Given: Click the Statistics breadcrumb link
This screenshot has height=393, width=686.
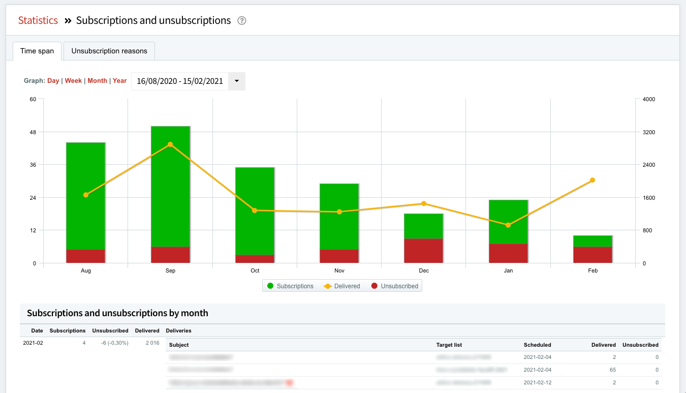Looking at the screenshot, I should (x=38, y=20).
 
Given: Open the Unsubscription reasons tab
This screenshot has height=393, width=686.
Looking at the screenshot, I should (x=109, y=51).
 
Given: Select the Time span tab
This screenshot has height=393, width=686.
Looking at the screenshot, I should (x=37, y=51).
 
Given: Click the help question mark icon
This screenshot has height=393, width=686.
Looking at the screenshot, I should (x=242, y=21).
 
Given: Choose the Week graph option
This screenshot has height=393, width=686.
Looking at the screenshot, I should (x=73, y=81).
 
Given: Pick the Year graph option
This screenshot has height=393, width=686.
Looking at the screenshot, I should (x=120, y=81).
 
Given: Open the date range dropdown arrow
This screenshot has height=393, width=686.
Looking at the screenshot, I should (x=237, y=81).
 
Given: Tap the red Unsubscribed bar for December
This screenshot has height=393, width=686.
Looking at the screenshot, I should (x=424, y=251).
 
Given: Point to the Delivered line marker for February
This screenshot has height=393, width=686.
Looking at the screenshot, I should (x=593, y=180).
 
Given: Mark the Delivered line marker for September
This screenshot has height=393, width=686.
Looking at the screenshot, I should (x=170, y=144).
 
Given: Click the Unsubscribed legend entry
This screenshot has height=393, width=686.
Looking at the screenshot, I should (x=395, y=286).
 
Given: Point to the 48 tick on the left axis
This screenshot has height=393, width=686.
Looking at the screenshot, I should (x=33, y=132).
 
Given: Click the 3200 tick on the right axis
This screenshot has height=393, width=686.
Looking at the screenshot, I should (x=649, y=132).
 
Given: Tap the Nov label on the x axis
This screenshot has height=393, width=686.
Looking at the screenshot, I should (x=339, y=270).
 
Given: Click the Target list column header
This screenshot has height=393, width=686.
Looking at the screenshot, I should (x=449, y=345).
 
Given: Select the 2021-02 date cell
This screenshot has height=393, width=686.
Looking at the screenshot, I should (x=33, y=343).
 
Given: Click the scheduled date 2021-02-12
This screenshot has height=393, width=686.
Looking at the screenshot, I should (x=537, y=382).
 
